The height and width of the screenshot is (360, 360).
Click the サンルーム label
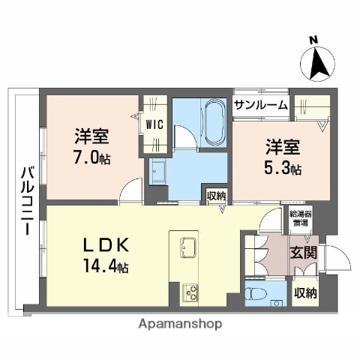click(x=260, y=105)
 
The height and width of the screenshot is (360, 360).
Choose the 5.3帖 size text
click(x=283, y=169)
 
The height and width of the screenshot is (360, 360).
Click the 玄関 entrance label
click(x=303, y=252)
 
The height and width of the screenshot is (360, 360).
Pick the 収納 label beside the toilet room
click(x=304, y=292)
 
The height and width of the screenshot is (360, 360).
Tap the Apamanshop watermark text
click(x=180, y=325)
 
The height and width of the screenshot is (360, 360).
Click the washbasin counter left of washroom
click(x=161, y=175)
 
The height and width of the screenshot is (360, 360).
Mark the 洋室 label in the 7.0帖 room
click(x=92, y=137)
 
